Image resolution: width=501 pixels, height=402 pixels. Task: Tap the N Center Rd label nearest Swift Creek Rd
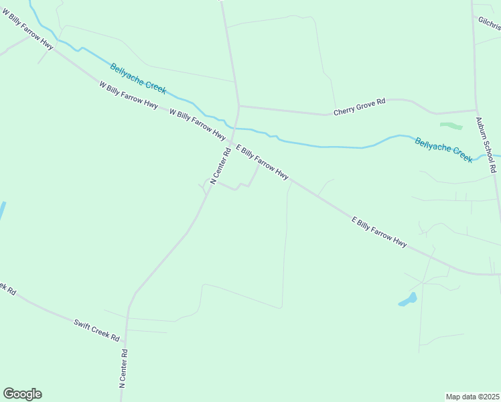click(123, 369)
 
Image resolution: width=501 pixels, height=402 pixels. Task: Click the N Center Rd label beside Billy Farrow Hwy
click(220, 166)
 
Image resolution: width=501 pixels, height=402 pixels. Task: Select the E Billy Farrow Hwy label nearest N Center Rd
click(262, 162)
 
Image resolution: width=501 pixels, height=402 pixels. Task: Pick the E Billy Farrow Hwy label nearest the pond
click(379, 232)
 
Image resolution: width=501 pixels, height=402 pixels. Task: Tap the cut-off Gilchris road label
click(490, 23)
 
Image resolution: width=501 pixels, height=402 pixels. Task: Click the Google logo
click(22, 394)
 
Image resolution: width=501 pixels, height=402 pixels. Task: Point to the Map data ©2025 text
click(472, 397)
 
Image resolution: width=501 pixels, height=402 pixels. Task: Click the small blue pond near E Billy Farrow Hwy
click(408, 299)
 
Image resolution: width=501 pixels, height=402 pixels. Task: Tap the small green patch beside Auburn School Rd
click(451, 125)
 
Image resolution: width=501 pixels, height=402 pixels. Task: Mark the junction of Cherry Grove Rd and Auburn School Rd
click(476, 111)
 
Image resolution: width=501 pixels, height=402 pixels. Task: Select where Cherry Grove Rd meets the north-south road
click(238, 105)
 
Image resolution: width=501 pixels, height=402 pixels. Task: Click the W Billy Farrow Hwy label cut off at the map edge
click(27, 29)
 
